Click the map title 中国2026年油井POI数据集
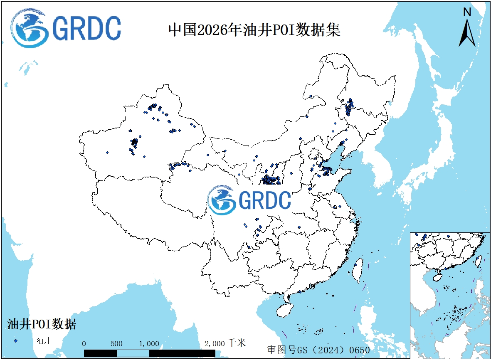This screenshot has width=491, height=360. (x=254, y=30)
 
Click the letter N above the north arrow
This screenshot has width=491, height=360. (x=467, y=12)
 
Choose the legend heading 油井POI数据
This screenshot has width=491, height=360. (x=42, y=324)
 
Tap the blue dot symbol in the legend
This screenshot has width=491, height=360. (x=16, y=341)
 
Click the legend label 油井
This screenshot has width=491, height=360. (x=43, y=341)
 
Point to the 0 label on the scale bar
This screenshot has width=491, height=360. (x=84, y=344)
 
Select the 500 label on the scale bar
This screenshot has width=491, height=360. (x=117, y=344)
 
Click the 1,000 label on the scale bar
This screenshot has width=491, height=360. (x=149, y=344)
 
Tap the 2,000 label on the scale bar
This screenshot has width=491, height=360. (x=215, y=344)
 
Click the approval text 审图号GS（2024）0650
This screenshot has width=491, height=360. (x=318, y=350)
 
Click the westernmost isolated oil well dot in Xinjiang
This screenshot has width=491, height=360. (x=107, y=153)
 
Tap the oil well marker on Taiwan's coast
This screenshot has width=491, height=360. (x=355, y=264)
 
